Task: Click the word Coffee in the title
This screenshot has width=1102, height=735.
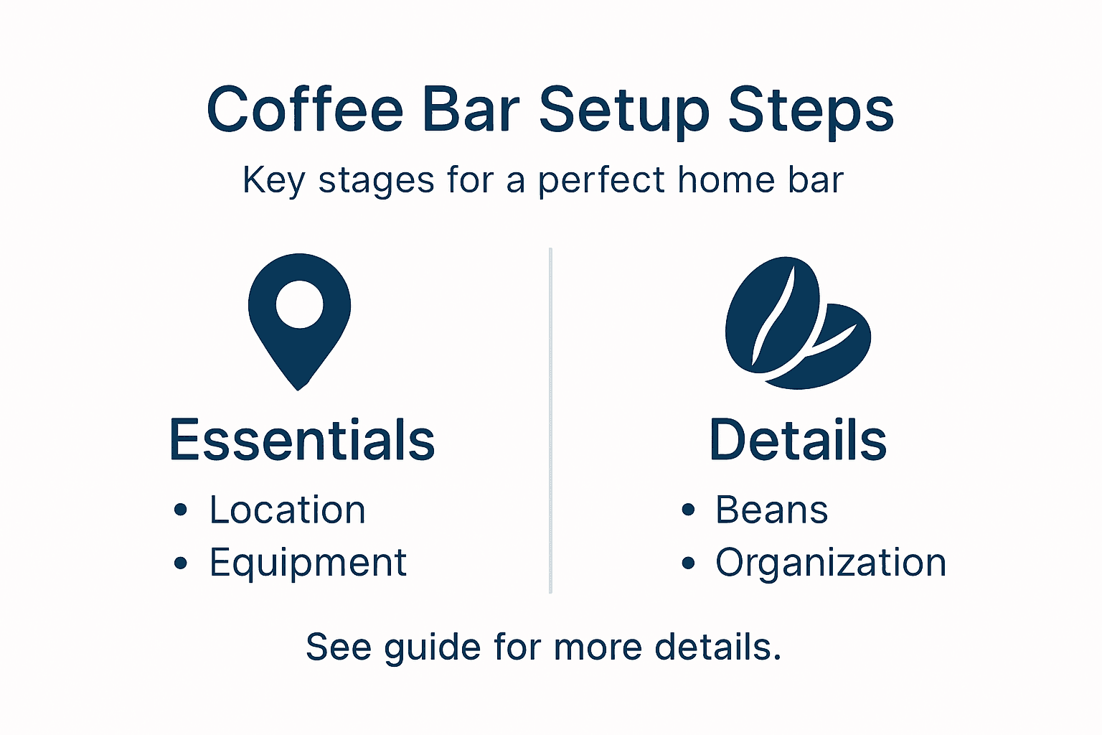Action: click(305, 110)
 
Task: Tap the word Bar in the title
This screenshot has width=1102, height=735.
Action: click(471, 110)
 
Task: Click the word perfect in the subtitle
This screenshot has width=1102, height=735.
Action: click(602, 180)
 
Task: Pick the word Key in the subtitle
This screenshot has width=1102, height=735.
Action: click(273, 180)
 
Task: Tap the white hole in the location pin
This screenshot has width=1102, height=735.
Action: click(299, 304)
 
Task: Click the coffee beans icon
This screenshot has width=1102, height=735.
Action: click(796, 323)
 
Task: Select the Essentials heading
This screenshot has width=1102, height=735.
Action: click(302, 440)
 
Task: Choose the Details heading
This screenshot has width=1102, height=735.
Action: click(798, 440)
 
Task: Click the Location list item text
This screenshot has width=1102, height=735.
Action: click(288, 510)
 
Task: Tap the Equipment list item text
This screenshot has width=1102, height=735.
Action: click(309, 563)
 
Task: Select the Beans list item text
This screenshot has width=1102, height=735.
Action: click(772, 510)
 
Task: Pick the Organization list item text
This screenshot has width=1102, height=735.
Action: click(831, 563)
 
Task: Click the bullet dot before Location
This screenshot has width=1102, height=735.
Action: click(181, 510)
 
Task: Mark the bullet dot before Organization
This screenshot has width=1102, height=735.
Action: click(689, 563)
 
